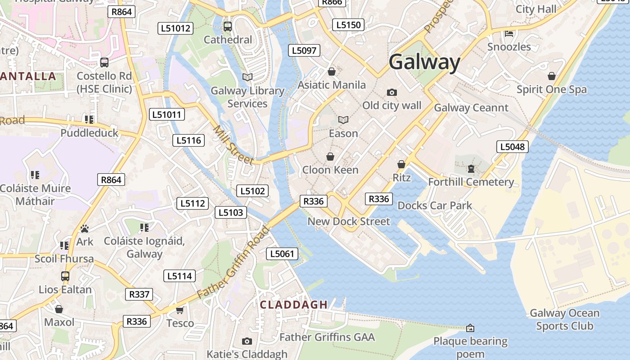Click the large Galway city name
(x=424, y=62)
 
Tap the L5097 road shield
(x=304, y=50)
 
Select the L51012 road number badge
(x=176, y=28)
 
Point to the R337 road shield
(x=139, y=294)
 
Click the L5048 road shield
(x=512, y=147)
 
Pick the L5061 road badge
(x=282, y=254)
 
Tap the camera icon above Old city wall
(x=392, y=92)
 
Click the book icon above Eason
(x=343, y=120)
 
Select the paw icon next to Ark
(x=85, y=229)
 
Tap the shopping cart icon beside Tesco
(x=180, y=310)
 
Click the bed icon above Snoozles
(x=509, y=33)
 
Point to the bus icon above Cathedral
(x=228, y=26)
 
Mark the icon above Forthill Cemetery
(x=471, y=169)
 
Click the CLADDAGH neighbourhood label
(x=294, y=305)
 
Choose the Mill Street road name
(x=233, y=145)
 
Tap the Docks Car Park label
(x=435, y=206)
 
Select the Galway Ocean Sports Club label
(x=564, y=319)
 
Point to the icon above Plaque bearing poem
(x=470, y=328)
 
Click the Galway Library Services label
(x=247, y=97)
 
